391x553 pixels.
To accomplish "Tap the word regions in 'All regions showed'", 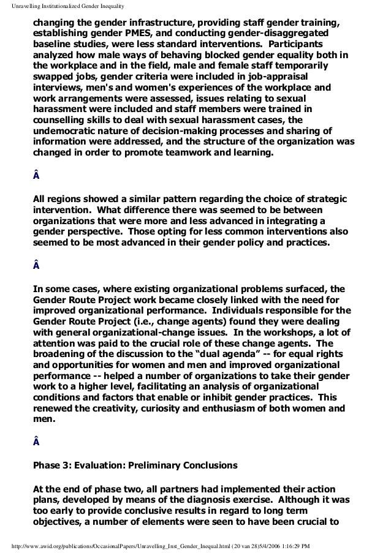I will tap(67, 200).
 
